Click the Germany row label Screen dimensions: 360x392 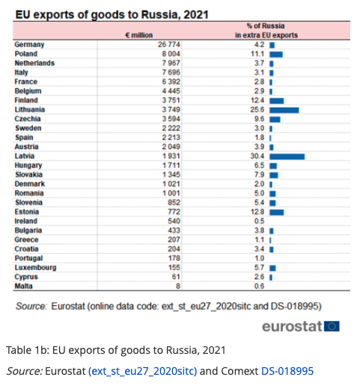pos(29,45)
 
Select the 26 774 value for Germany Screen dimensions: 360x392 pos(169,44)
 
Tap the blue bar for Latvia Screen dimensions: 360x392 pos(287,157)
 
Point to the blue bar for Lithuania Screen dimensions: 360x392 pos(284,110)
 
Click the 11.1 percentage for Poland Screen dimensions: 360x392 pos(257,54)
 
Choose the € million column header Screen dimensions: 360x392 pos(139,35)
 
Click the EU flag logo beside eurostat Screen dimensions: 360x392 pos(332,326)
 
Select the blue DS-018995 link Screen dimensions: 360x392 pos(287,371)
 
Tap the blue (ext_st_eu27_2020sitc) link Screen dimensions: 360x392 pos(143,372)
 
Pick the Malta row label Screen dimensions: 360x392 pos(23,286)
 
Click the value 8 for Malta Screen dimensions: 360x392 pos(178,286)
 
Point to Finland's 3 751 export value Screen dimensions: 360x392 pos(171,100)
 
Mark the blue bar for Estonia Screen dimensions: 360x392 pos(276,212)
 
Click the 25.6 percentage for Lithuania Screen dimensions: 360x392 pos(257,109)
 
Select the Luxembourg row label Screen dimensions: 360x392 pos(35,268)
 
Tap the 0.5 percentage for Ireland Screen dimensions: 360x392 pos(260,221)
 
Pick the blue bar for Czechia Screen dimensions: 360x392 pos(275,120)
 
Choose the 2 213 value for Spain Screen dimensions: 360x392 pos(171,137)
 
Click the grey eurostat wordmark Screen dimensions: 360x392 pos(292,326)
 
